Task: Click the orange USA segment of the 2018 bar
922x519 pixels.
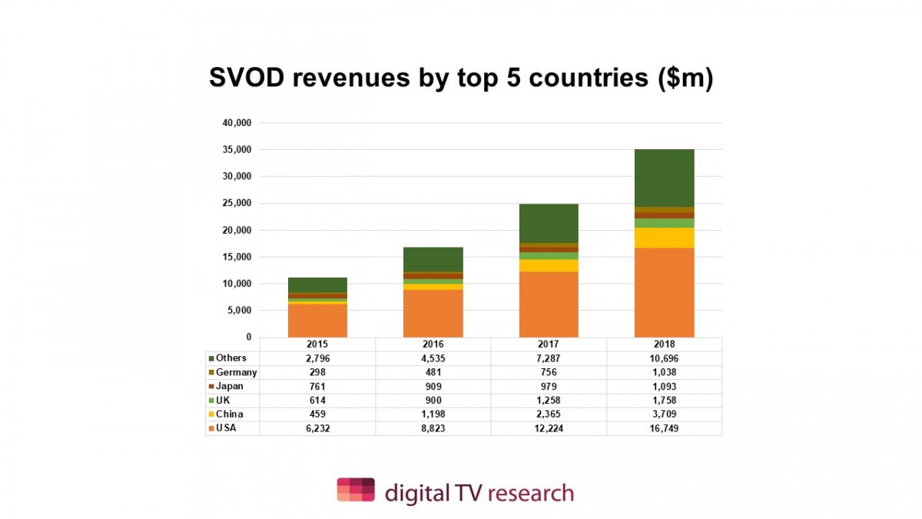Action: [664, 292]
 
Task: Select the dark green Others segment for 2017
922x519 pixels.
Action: [549, 223]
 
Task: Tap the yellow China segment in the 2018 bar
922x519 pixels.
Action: [664, 238]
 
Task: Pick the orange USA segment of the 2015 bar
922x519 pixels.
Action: [317, 321]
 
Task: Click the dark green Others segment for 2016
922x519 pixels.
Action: [433, 259]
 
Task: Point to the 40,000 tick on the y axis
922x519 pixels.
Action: [237, 123]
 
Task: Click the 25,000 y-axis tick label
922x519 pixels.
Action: [237, 203]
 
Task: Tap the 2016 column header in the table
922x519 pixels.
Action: [433, 344]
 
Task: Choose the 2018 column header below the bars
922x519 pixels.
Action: [664, 344]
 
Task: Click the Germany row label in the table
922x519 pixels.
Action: [236, 372]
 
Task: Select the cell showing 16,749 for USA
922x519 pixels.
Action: [664, 428]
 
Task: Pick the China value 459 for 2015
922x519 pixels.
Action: [317, 414]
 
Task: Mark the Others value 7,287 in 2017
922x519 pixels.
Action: [549, 358]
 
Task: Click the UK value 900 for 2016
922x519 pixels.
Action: [433, 401]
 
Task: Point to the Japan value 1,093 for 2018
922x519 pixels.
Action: [664, 387]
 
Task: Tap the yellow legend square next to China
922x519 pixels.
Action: [211, 414]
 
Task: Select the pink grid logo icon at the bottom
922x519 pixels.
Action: [356, 490]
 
